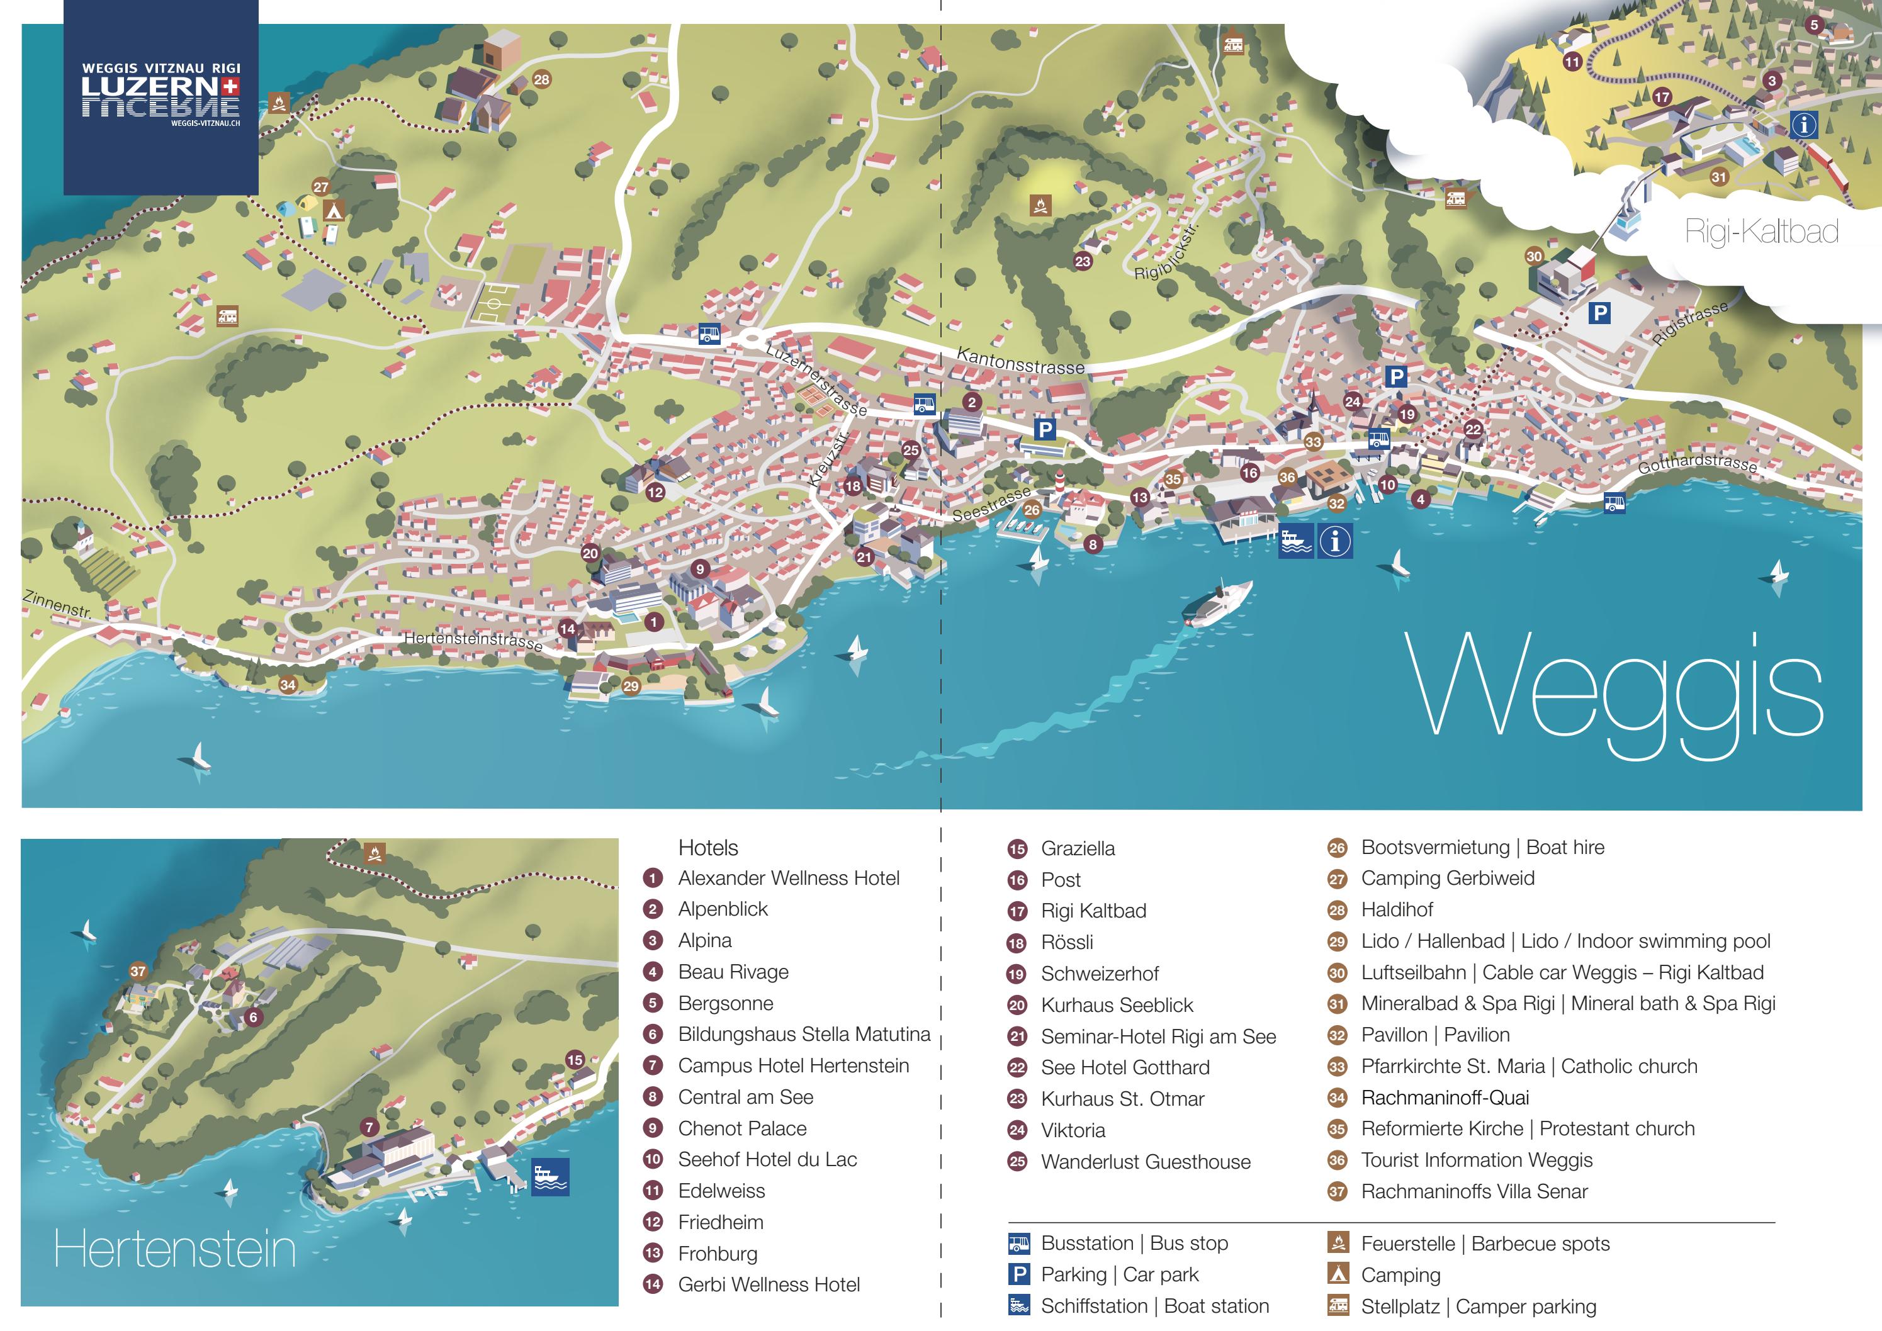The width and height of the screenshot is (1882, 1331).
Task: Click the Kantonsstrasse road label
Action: pos(1020,361)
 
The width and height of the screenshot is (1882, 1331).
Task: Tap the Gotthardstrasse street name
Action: pos(1698,464)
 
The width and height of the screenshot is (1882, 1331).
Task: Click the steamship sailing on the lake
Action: pos(1218,605)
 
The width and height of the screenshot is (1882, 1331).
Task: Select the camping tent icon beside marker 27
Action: pos(333,211)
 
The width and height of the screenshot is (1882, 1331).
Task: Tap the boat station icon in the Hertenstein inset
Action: pos(550,1177)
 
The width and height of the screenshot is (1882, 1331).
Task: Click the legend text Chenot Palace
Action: pos(742,1128)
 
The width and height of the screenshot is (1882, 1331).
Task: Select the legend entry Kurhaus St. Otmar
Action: pos(1122,1099)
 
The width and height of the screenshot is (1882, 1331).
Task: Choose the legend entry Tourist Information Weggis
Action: pos(1476,1160)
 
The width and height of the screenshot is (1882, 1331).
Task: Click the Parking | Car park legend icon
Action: pos(1018,1274)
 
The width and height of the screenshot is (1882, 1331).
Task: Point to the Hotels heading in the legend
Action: pos(708,848)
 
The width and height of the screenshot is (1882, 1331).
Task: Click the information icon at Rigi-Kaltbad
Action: pos(1804,125)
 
